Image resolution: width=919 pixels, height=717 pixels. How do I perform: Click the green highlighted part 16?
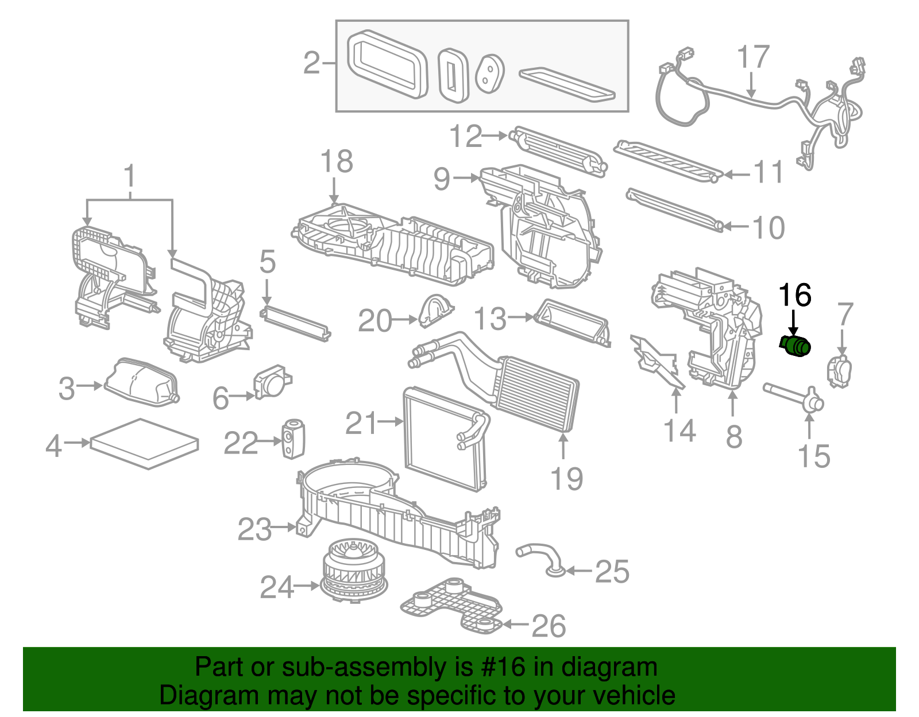796,346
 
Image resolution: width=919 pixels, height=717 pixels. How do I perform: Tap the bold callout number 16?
794,295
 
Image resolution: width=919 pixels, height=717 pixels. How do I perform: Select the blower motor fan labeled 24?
353,571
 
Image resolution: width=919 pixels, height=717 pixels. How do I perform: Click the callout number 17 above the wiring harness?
753,57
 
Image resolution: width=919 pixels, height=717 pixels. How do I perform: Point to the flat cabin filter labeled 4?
144,443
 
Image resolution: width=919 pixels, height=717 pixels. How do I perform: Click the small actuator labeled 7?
839,371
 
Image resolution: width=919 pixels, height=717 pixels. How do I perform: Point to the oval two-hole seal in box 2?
490,73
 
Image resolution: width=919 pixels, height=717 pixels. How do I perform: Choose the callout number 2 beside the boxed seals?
311,63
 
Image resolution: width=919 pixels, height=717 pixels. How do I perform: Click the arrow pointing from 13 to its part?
522,317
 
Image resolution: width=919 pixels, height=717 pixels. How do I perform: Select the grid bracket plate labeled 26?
451,606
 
